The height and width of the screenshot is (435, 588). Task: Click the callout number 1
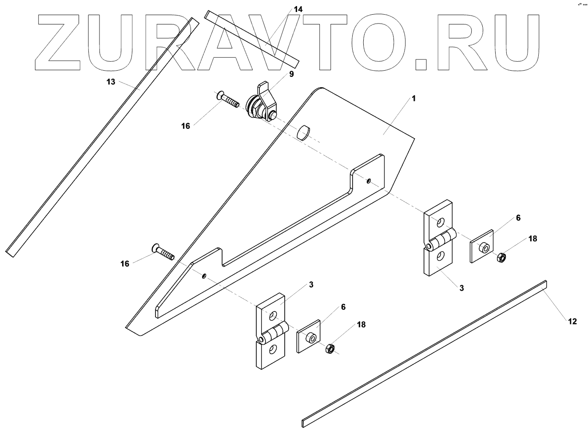coord(413,99)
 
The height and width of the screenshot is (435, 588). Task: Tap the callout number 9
coord(291,74)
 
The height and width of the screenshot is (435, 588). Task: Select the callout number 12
coord(572,321)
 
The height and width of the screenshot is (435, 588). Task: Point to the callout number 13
coord(111,82)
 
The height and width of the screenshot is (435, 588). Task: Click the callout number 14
coord(298,9)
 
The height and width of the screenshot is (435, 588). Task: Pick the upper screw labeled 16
coord(228,101)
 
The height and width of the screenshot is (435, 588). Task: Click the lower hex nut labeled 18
coord(330,348)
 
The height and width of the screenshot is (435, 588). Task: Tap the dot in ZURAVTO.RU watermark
coord(421,64)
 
